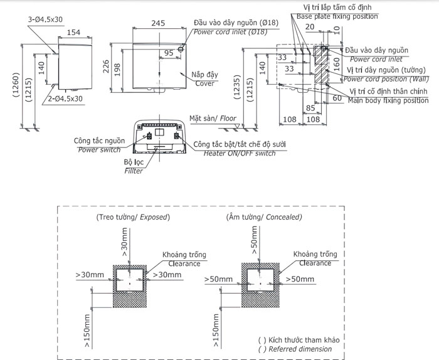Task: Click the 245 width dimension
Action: pos(158,23)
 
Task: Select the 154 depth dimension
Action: pos(74,32)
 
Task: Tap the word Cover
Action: pos(204,83)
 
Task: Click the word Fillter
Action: pos(133,171)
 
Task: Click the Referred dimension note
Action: pos(300,349)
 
